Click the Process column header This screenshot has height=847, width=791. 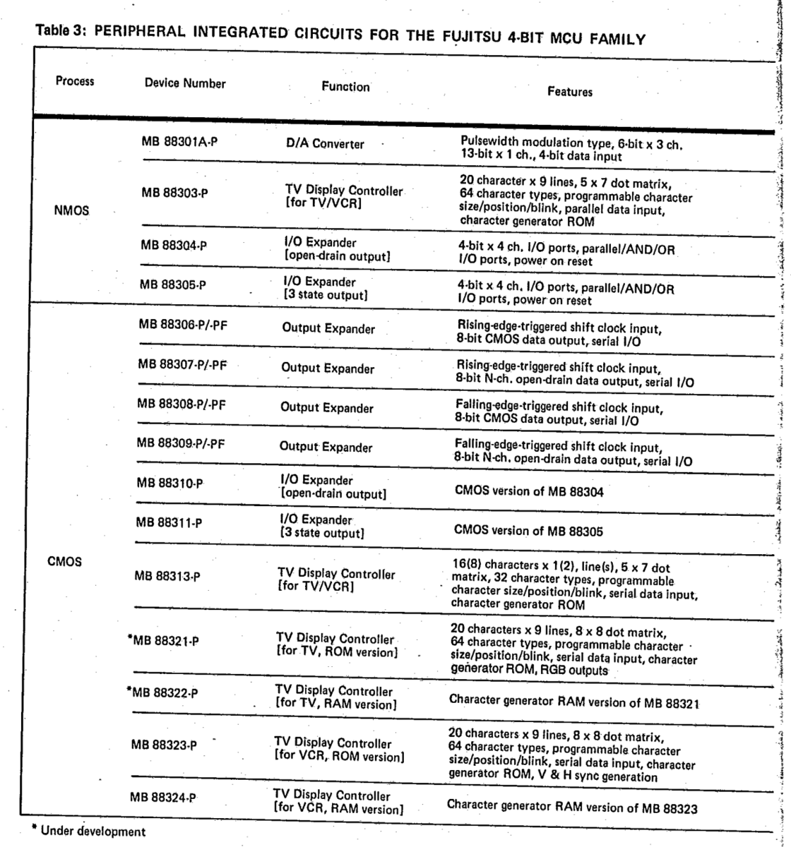click(75, 81)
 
